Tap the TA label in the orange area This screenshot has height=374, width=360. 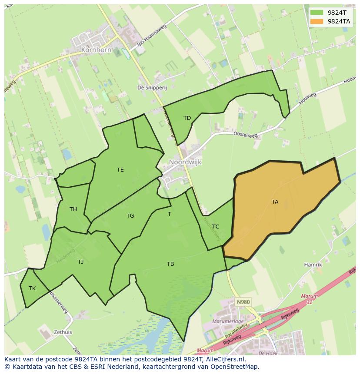click(x=275, y=202)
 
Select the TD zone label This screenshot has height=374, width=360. click(x=187, y=118)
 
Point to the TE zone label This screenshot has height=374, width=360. click(x=120, y=170)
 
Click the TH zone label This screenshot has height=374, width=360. click(x=73, y=209)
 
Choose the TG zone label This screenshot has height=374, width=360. click(x=130, y=216)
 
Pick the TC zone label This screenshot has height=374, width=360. click(x=216, y=227)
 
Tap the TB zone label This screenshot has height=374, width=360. click(x=170, y=264)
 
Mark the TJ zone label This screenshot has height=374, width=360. click(x=80, y=261)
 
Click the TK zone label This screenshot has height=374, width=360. click(x=32, y=288)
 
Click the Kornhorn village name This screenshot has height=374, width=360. click(x=96, y=50)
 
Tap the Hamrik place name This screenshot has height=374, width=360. click(x=313, y=265)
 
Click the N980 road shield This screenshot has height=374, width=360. click(x=243, y=301)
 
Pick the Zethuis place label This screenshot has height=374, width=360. click(x=63, y=332)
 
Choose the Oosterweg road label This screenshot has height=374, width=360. click(x=245, y=136)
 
